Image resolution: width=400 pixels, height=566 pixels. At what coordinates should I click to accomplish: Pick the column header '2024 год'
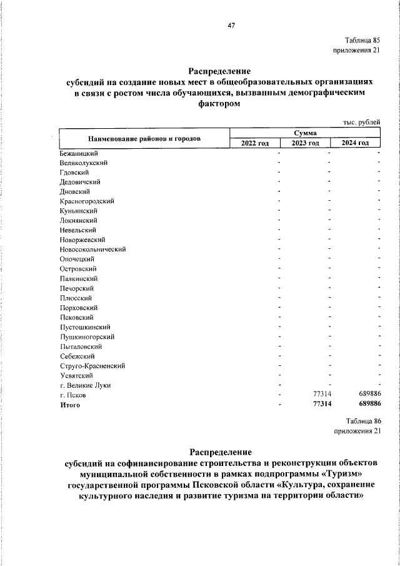point(355,143)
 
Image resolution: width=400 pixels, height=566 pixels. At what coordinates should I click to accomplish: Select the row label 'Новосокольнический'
point(93,249)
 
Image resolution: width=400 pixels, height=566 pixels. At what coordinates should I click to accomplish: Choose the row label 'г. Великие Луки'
point(86,385)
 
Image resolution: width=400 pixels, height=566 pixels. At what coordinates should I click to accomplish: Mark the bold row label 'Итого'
point(70,405)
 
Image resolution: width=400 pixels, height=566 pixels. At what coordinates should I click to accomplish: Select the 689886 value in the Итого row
point(367,405)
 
